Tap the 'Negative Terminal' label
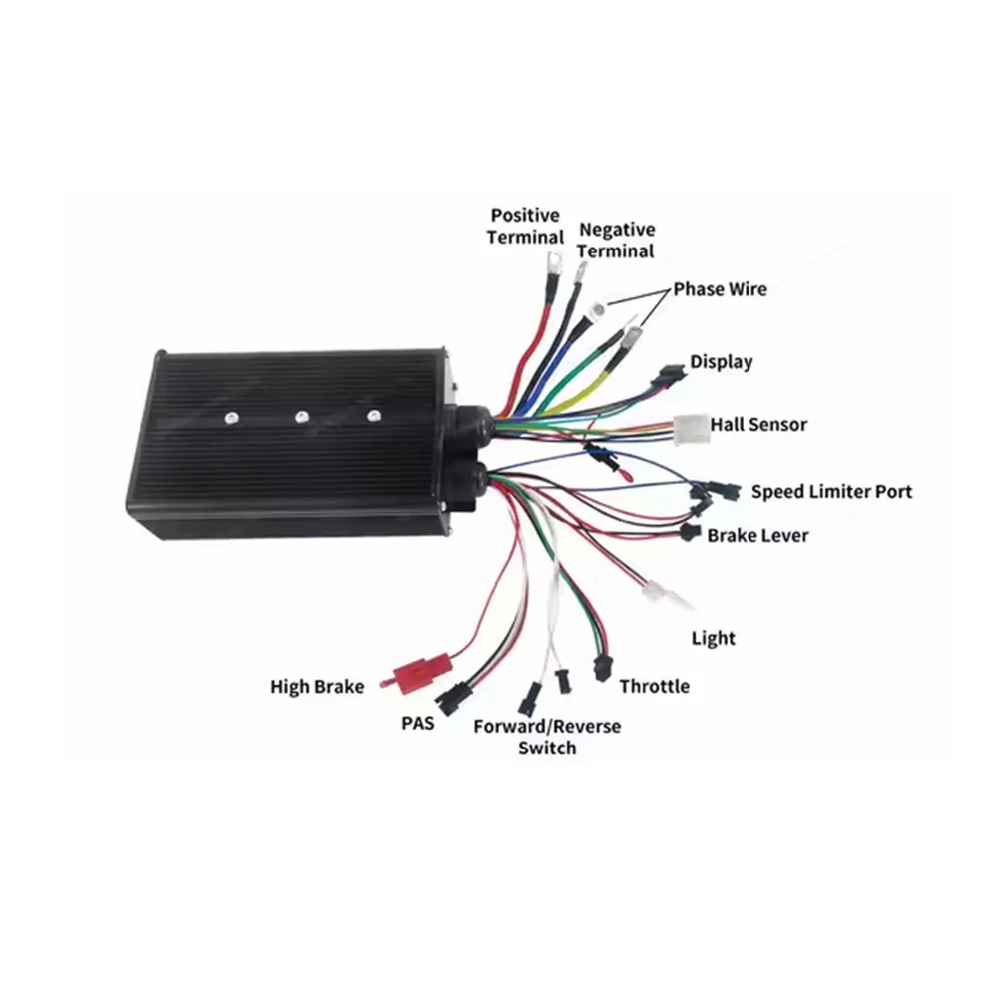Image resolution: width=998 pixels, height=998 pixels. pos(617,241)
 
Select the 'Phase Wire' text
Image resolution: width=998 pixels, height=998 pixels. pos(720,289)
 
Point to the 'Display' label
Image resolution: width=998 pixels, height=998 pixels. pos(722,362)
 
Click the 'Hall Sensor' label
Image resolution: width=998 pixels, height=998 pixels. pos(758,425)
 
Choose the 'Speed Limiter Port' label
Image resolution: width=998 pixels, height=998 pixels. pos(831,491)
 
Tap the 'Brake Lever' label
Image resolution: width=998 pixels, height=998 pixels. pos(758,535)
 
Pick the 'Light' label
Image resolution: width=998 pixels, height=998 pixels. pos(713,638)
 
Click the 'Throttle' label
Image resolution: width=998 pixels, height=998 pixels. pos(654,686)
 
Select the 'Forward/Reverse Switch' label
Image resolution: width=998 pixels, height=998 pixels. pos(547,736)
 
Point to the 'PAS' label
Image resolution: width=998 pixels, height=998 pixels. pos(418,723)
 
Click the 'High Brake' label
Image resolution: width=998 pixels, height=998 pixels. pos(317,686)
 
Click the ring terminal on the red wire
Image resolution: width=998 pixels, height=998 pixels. pos(549,264)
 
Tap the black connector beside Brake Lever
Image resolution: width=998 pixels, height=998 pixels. pos(689,534)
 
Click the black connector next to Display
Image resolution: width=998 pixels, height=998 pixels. pos(665,378)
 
